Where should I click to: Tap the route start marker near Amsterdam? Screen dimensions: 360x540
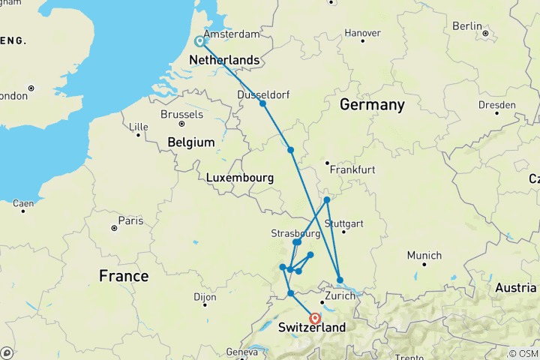199,42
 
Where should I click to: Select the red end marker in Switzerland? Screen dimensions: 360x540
315,318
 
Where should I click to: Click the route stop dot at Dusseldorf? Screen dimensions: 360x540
263,103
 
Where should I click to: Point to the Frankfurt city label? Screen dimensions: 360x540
351,170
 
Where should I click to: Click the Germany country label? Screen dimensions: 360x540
372,105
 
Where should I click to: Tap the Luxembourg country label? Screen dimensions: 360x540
238,178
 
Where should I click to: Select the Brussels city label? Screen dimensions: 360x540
181,115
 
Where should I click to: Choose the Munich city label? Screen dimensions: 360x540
424,256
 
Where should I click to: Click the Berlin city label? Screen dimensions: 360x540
467,26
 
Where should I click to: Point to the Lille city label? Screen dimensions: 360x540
139,127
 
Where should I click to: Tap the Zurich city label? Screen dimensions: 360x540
339,296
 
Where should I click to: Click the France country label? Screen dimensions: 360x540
124,277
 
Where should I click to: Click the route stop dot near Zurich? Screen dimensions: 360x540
340,280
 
